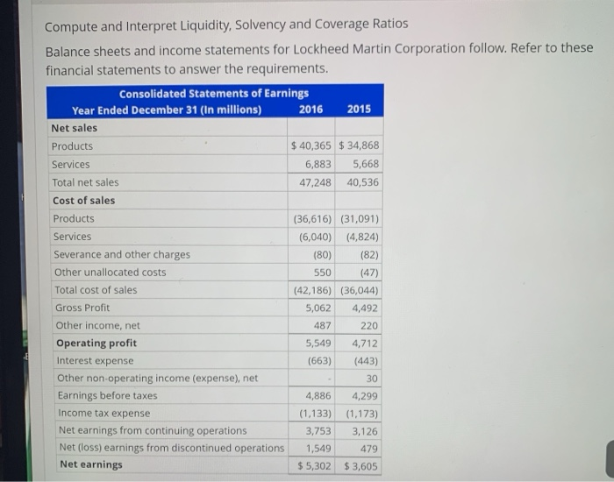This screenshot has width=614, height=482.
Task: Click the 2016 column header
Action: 311,110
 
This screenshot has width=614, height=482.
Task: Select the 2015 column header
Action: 359,110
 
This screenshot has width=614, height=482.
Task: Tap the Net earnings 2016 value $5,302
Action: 312,465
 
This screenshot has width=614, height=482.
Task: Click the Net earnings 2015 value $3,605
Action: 361,465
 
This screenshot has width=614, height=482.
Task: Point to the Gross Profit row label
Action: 82,308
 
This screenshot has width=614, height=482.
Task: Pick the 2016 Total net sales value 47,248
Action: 318,182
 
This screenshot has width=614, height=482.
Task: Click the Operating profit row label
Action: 96,343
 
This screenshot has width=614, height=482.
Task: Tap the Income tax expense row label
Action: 104,413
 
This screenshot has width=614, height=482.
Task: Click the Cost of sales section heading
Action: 83,200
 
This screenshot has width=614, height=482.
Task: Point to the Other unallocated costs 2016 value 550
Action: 322,272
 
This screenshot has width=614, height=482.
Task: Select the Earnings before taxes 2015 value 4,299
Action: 362,395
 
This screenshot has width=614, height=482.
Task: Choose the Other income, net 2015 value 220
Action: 368,325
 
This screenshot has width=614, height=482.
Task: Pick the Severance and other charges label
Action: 121,254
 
